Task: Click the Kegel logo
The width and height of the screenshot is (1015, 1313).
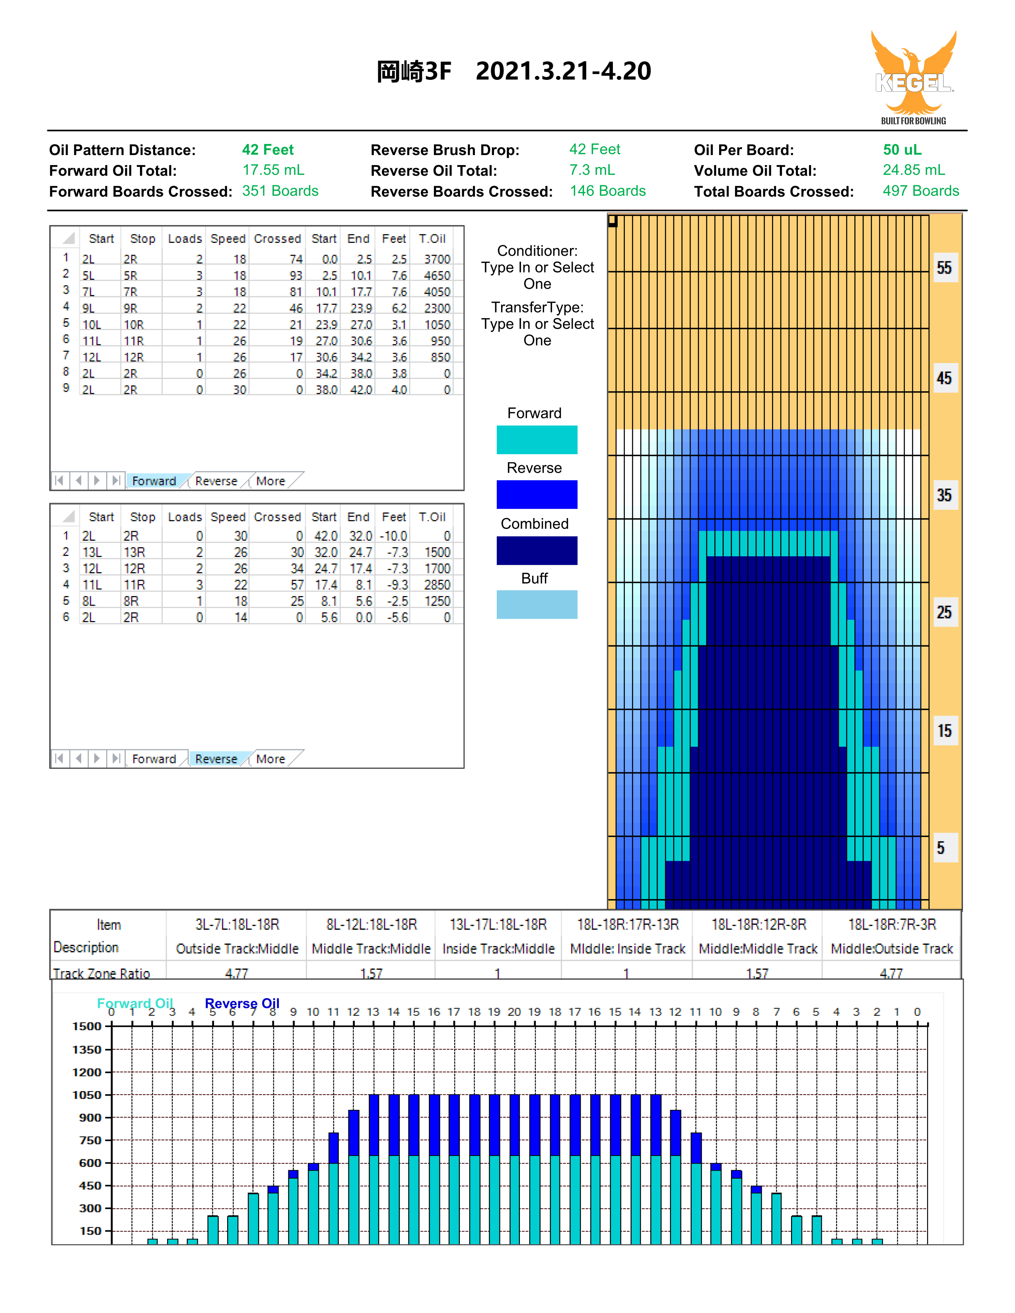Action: click(x=913, y=77)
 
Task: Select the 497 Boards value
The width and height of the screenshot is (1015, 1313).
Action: click(x=921, y=191)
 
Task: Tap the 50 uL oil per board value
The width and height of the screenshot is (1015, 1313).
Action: click(x=902, y=150)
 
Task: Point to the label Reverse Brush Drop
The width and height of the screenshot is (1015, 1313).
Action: click(x=445, y=150)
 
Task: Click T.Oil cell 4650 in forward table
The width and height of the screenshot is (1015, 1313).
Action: click(x=437, y=275)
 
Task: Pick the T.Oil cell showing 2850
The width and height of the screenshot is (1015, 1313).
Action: click(x=437, y=585)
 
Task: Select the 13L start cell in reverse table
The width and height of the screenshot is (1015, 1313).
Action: click(x=92, y=552)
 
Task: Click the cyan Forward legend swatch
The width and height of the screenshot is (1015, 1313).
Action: click(x=537, y=439)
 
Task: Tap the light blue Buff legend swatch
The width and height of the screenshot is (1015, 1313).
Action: click(x=537, y=604)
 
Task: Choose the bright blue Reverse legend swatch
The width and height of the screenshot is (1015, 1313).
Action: click(x=537, y=494)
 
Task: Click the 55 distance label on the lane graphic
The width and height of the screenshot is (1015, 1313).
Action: click(x=944, y=268)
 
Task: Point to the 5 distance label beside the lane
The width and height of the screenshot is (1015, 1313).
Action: click(x=941, y=848)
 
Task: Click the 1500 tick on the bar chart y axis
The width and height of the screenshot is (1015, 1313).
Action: click(x=87, y=1026)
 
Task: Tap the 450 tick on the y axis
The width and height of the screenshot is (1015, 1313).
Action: click(x=90, y=1185)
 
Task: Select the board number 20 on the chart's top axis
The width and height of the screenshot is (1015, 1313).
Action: click(x=514, y=1012)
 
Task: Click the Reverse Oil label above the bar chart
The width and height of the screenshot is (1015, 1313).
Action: click(x=242, y=1003)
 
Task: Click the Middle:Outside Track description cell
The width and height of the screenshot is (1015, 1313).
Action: click(x=892, y=949)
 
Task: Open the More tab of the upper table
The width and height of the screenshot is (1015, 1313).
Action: click(x=270, y=481)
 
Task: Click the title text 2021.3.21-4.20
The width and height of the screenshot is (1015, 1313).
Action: click(x=564, y=71)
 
